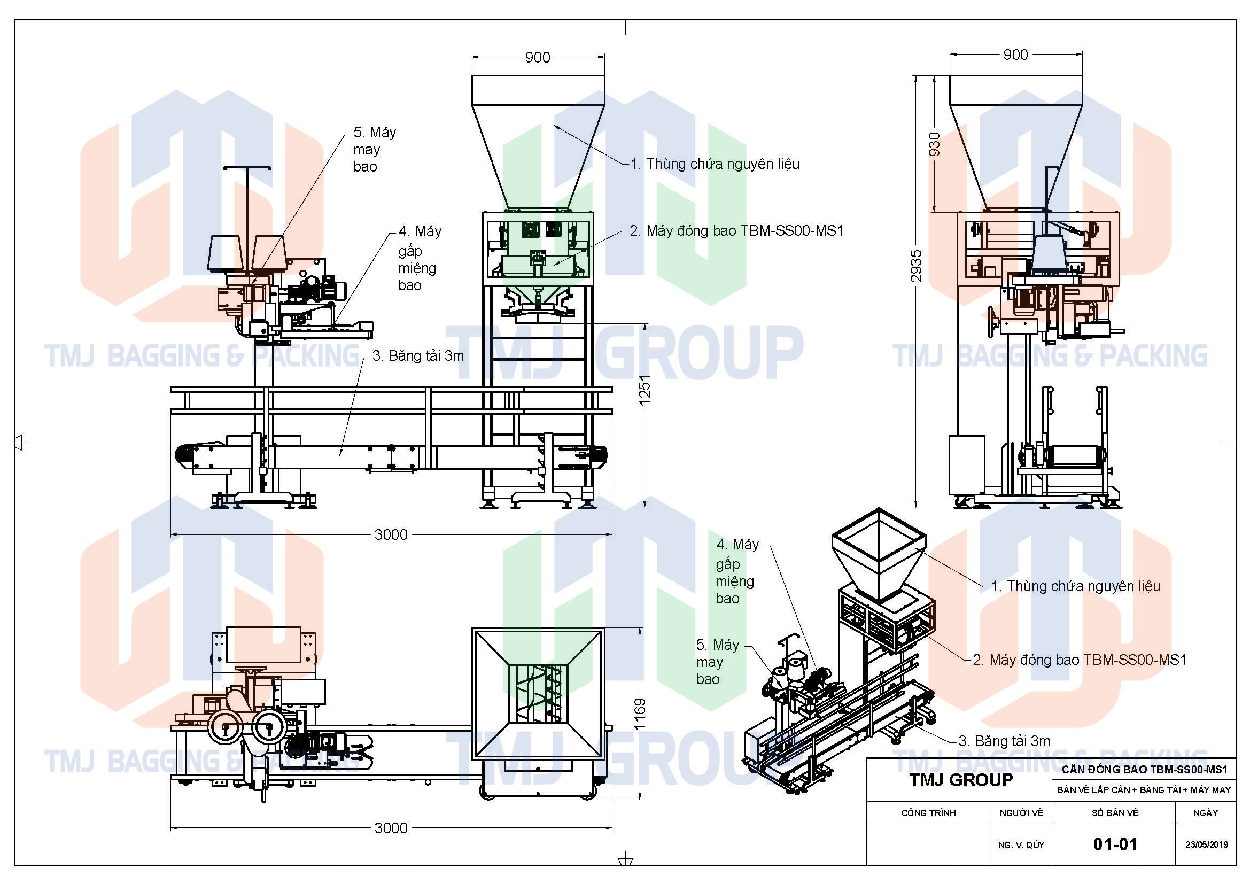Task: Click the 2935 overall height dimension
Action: point(917,266)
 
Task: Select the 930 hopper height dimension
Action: point(934,144)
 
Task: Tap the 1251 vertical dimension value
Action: point(645,389)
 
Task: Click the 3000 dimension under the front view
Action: point(391,534)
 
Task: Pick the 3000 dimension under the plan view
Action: point(391,828)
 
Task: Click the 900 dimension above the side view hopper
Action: point(1015,55)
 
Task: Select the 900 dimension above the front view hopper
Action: point(537,57)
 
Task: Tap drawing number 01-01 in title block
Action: point(1115,844)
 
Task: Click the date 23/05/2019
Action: point(1207,845)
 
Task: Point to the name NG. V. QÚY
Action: point(1021,845)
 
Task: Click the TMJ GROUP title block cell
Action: point(960,780)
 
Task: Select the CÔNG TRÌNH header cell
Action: point(928,813)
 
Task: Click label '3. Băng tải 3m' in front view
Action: point(418,356)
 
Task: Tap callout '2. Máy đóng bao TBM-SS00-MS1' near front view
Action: point(736,231)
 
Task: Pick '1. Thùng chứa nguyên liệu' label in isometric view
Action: point(1075,586)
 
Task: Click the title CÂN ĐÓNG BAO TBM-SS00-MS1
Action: point(1144,770)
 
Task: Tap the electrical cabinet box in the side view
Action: point(966,464)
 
